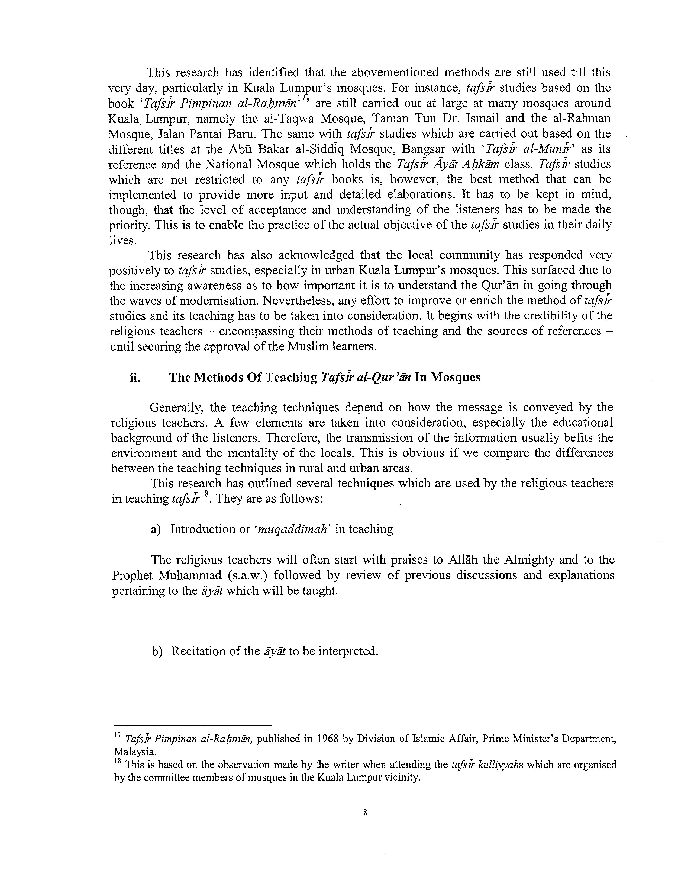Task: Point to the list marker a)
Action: pyautogui.click(x=156, y=529)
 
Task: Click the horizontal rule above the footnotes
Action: pyautogui.click(x=192, y=724)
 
